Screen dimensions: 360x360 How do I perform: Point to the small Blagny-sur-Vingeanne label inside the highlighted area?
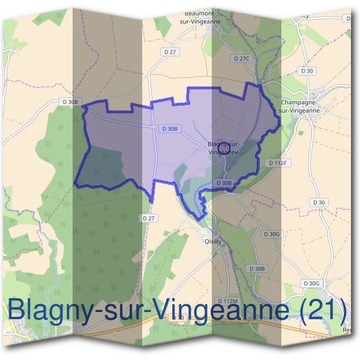click(x=224, y=148)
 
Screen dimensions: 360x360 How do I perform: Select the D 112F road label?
click(x=278, y=163)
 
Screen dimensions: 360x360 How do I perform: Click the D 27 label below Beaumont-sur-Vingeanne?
click(x=170, y=52)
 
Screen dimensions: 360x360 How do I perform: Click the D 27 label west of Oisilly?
click(x=149, y=218)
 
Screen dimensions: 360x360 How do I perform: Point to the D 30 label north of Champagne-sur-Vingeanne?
click(x=307, y=71)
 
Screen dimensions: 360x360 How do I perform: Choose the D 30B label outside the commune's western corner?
click(x=70, y=102)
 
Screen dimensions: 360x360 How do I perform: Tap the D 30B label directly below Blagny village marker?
click(x=223, y=182)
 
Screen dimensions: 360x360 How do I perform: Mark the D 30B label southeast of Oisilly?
click(x=256, y=268)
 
